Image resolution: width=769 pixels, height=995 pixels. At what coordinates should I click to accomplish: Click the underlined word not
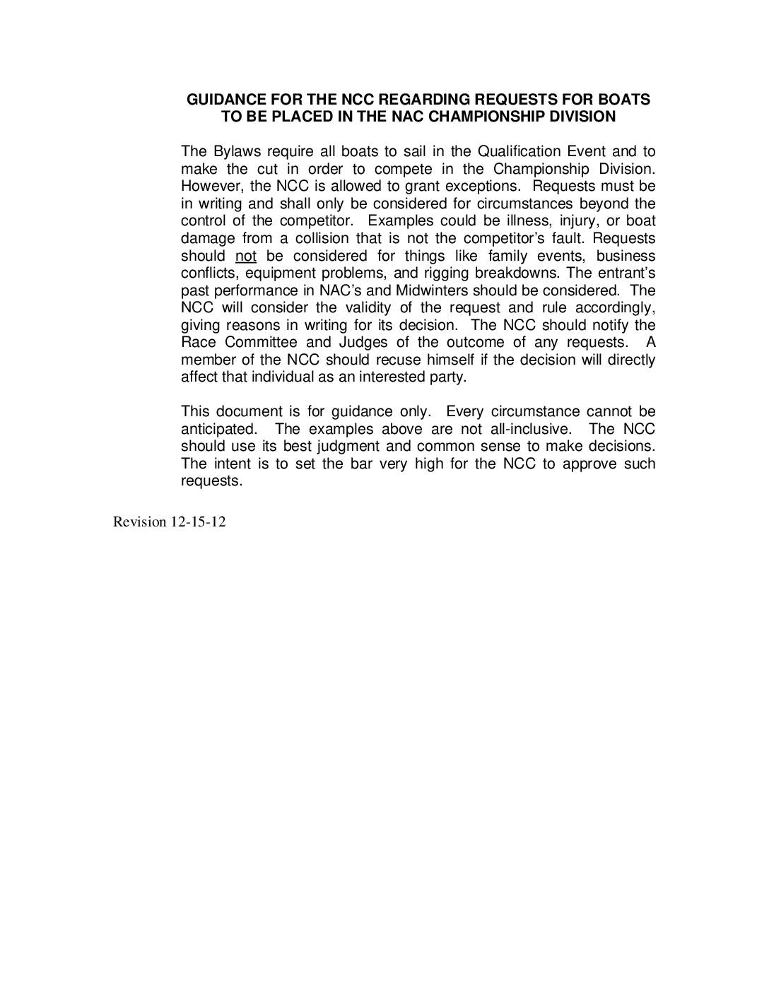tap(245, 256)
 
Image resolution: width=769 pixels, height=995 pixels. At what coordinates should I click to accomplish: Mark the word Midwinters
tap(432, 290)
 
